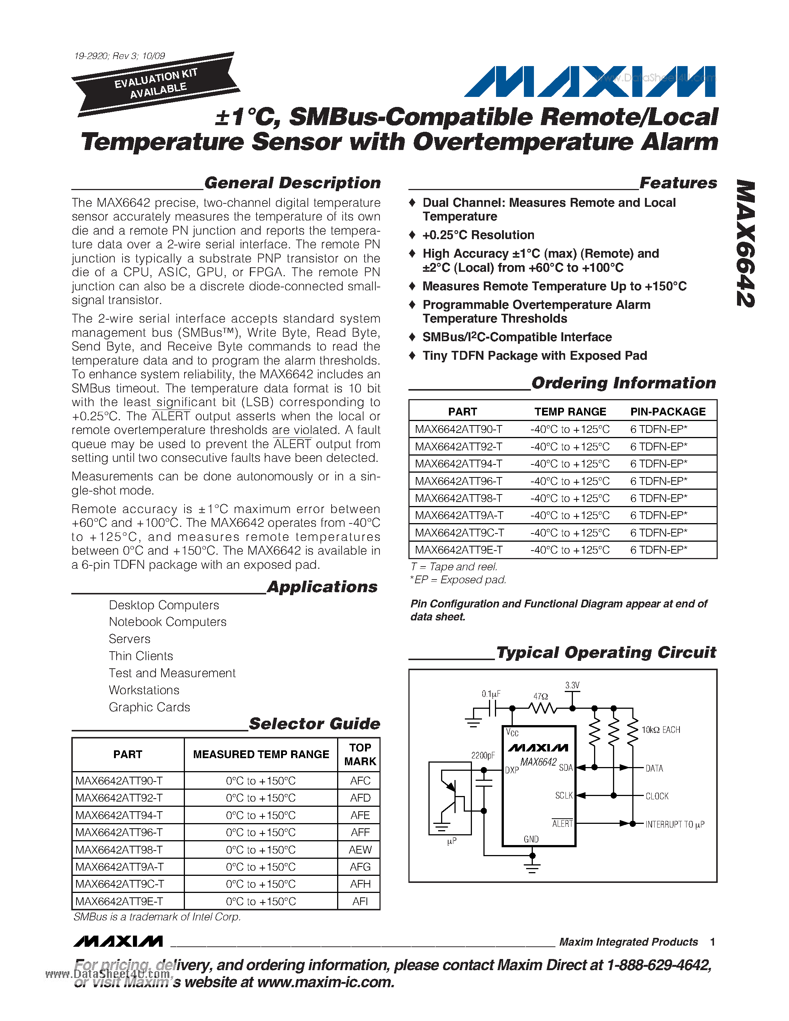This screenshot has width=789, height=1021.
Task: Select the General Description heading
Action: point(292,183)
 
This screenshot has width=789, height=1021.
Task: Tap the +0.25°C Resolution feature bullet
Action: point(478,235)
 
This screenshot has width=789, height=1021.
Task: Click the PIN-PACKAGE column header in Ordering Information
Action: point(668,411)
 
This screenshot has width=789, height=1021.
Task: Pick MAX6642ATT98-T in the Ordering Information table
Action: point(459,498)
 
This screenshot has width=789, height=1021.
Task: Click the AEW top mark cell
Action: point(360,850)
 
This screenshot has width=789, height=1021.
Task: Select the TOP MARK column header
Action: point(360,754)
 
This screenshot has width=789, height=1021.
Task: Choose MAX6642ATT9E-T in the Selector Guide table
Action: point(119,901)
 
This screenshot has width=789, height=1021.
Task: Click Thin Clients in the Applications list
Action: point(141,656)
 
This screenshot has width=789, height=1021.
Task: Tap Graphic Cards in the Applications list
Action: point(149,707)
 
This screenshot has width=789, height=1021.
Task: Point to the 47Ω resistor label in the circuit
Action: point(541,696)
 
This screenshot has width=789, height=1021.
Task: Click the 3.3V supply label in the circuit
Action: point(572,685)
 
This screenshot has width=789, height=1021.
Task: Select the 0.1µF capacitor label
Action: point(491,694)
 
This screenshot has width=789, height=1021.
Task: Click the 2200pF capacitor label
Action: point(482,756)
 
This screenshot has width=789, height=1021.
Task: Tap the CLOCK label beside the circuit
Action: point(657,796)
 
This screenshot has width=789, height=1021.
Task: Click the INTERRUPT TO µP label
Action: point(675,824)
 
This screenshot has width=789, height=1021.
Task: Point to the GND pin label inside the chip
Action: point(531,839)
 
